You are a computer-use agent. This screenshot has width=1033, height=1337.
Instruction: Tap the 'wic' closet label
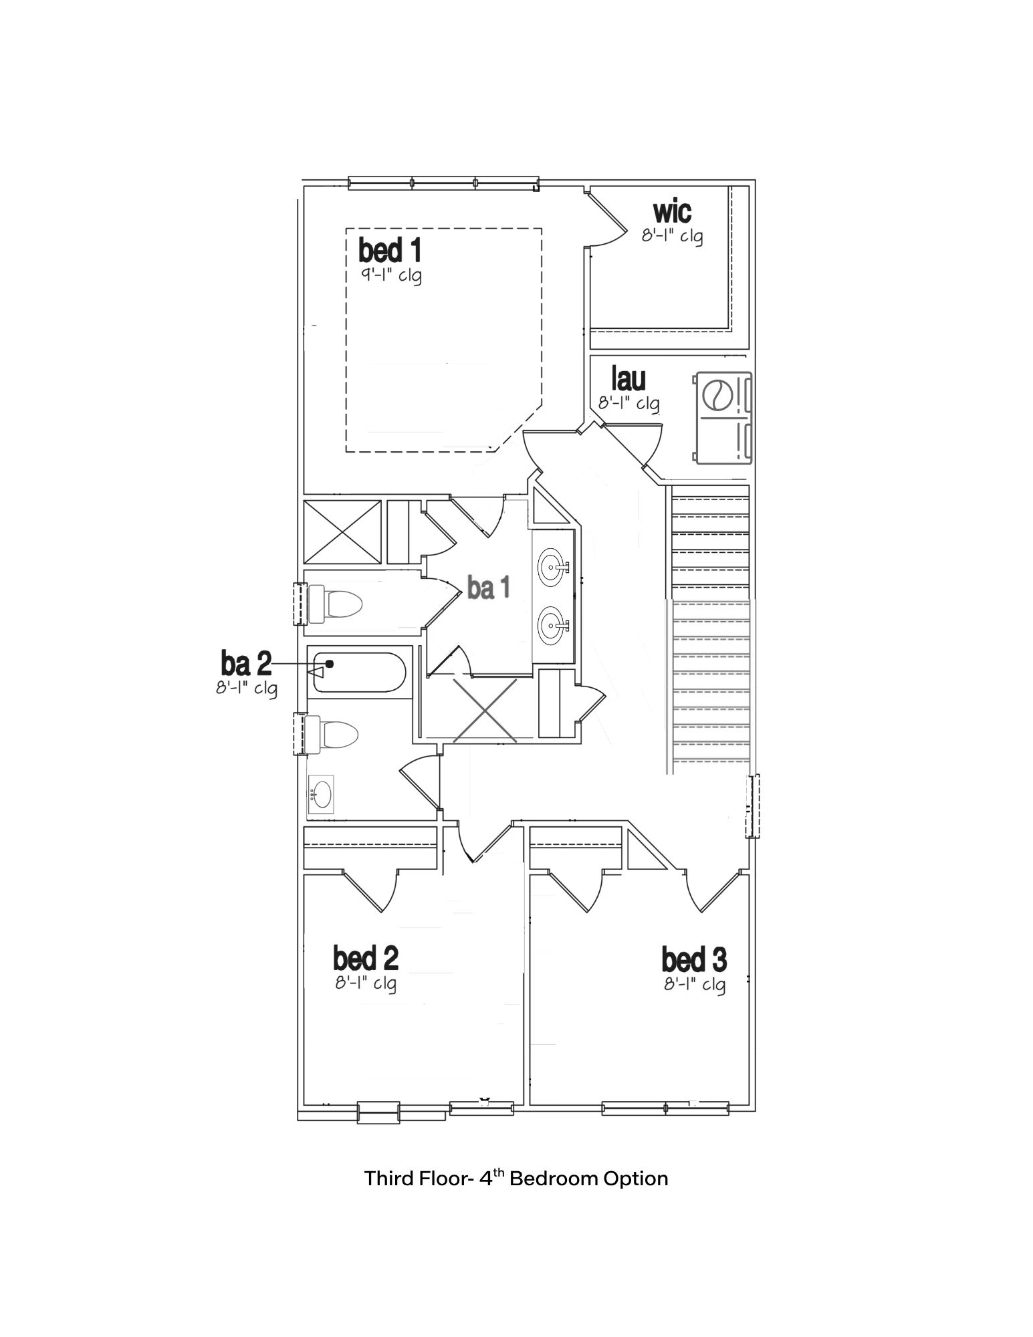672,211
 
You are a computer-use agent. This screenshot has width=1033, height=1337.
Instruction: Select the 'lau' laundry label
628,379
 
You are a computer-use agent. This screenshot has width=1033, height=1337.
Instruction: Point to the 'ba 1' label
488,588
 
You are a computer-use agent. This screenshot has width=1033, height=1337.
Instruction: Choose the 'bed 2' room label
366,958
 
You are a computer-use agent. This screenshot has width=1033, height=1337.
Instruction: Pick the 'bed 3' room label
694,960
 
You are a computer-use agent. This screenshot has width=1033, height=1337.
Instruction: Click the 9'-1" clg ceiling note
391,275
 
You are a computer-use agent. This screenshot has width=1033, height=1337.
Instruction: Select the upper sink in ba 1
552,568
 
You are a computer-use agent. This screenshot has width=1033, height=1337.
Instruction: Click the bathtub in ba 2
358,673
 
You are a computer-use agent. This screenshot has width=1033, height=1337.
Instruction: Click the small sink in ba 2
321,796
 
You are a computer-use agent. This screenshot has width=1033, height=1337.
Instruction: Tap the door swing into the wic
607,221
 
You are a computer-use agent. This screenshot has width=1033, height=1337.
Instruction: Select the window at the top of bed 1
443,183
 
